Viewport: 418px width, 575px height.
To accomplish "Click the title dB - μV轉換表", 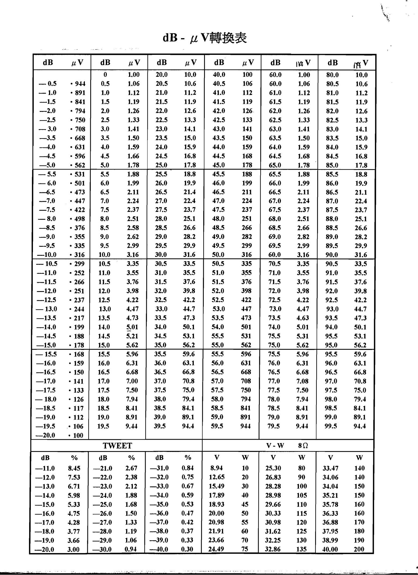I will tap(205, 38).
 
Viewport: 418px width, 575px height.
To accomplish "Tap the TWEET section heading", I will tap(117, 445).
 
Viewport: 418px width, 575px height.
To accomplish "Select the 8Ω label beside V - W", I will tap(303, 445).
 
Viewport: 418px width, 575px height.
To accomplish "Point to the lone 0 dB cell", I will tap(105, 75).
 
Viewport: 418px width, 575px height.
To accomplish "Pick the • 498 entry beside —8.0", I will tap(77, 219).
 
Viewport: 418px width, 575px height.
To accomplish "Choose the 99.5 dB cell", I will tap(331, 426).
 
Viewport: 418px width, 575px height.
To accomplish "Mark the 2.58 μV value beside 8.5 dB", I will tap(133, 228).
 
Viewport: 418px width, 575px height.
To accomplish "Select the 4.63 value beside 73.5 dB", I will tap(303, 318).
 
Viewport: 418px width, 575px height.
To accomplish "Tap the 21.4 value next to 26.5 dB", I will tap(190, 192).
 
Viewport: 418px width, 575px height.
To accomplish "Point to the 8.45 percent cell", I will tap(74, 468).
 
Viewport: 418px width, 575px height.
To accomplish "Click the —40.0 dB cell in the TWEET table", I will tap(159, 549).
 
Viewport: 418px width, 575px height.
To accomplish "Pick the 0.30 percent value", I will tap(187, 549).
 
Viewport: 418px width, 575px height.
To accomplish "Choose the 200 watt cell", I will tap(359, 549).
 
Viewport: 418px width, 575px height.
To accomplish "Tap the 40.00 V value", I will tap(330, 549).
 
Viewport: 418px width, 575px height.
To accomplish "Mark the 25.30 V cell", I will tap(273, 468).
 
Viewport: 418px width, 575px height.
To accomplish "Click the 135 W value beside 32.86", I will tap(302, 549).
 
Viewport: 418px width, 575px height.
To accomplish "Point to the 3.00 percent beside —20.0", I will tap(73, 550).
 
